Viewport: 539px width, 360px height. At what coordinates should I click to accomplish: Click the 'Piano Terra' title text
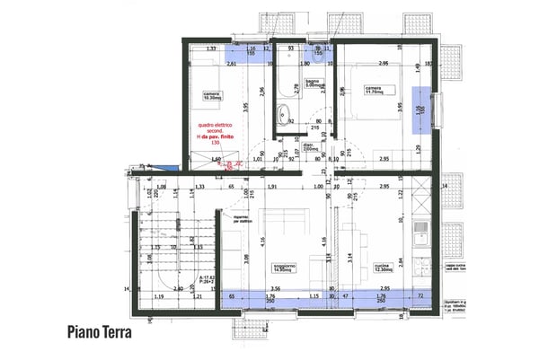click(x=99, y=332)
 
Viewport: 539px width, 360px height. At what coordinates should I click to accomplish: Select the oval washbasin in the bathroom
click(x=283, y=114)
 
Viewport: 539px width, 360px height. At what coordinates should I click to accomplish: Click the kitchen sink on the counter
click(x=419, y=236)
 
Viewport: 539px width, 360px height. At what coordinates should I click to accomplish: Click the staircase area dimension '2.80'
click(x=179, y=288)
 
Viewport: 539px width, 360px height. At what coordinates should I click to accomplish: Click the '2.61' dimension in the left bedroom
click(x=231, y=65)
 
